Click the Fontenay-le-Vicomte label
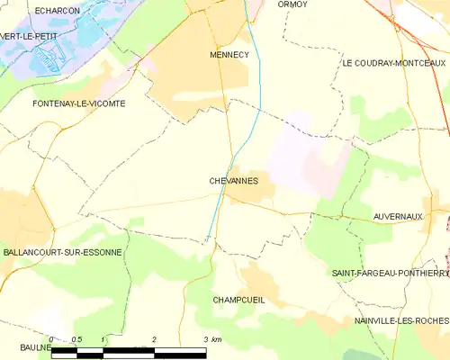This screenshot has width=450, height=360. click(66, 103)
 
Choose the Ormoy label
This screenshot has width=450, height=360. click(292, 4)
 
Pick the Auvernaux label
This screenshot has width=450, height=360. click(397, 217)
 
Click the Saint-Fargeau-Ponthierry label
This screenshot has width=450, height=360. click(390, 273)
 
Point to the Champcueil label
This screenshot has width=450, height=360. click(238, 300)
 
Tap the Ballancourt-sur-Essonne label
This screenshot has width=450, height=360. click(61, 253)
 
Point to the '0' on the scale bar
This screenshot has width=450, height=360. click(52, 339)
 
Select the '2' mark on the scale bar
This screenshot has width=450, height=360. click(154, 339)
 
